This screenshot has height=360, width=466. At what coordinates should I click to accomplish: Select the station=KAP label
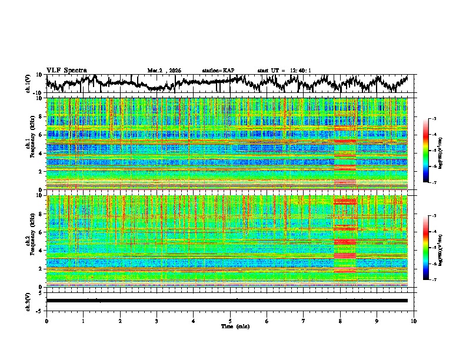(218, 71)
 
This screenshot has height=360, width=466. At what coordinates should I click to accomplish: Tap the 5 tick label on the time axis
(230, 321)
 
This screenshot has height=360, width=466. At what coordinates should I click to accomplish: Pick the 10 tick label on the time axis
(414, 321)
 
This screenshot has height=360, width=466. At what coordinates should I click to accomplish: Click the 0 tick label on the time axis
(46, 321)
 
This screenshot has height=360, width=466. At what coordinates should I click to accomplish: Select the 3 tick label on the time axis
(157, 321)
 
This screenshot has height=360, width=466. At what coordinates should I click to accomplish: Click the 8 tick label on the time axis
(340, 321)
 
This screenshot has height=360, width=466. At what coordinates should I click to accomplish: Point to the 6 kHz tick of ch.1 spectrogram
(42, 135)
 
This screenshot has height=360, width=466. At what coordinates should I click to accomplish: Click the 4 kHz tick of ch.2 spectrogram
(42, 250)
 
